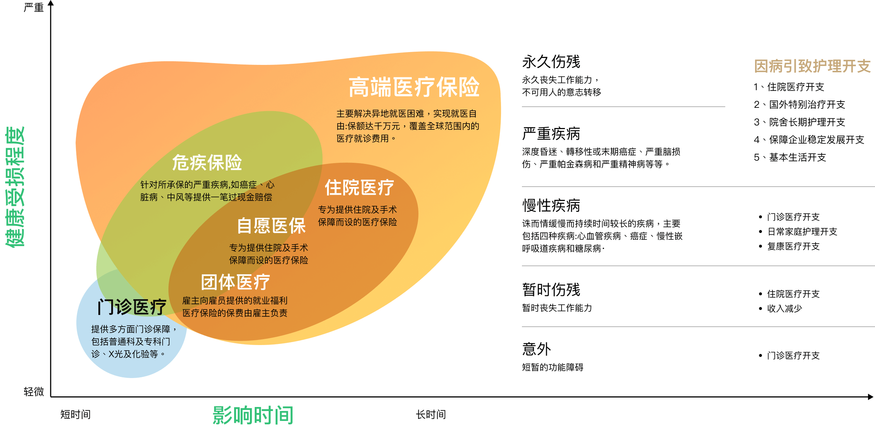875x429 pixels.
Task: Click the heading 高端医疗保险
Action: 414,87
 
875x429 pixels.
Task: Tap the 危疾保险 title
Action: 207,163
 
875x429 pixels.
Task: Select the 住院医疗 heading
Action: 359,188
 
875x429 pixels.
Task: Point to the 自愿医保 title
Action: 271,226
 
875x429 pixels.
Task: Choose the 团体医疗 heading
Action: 235,282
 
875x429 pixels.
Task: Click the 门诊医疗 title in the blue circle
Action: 132,307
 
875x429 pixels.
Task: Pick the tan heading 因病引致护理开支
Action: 812,66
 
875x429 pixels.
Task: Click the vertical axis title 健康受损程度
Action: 15,187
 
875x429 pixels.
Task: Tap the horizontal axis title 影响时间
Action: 253,415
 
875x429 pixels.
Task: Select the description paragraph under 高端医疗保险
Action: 408,126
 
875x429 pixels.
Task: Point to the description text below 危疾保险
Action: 207,191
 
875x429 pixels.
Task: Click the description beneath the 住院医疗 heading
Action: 357,216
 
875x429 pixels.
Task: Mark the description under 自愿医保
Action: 269,254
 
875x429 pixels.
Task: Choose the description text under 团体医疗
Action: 235,307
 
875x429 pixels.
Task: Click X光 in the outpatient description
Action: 116,354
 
